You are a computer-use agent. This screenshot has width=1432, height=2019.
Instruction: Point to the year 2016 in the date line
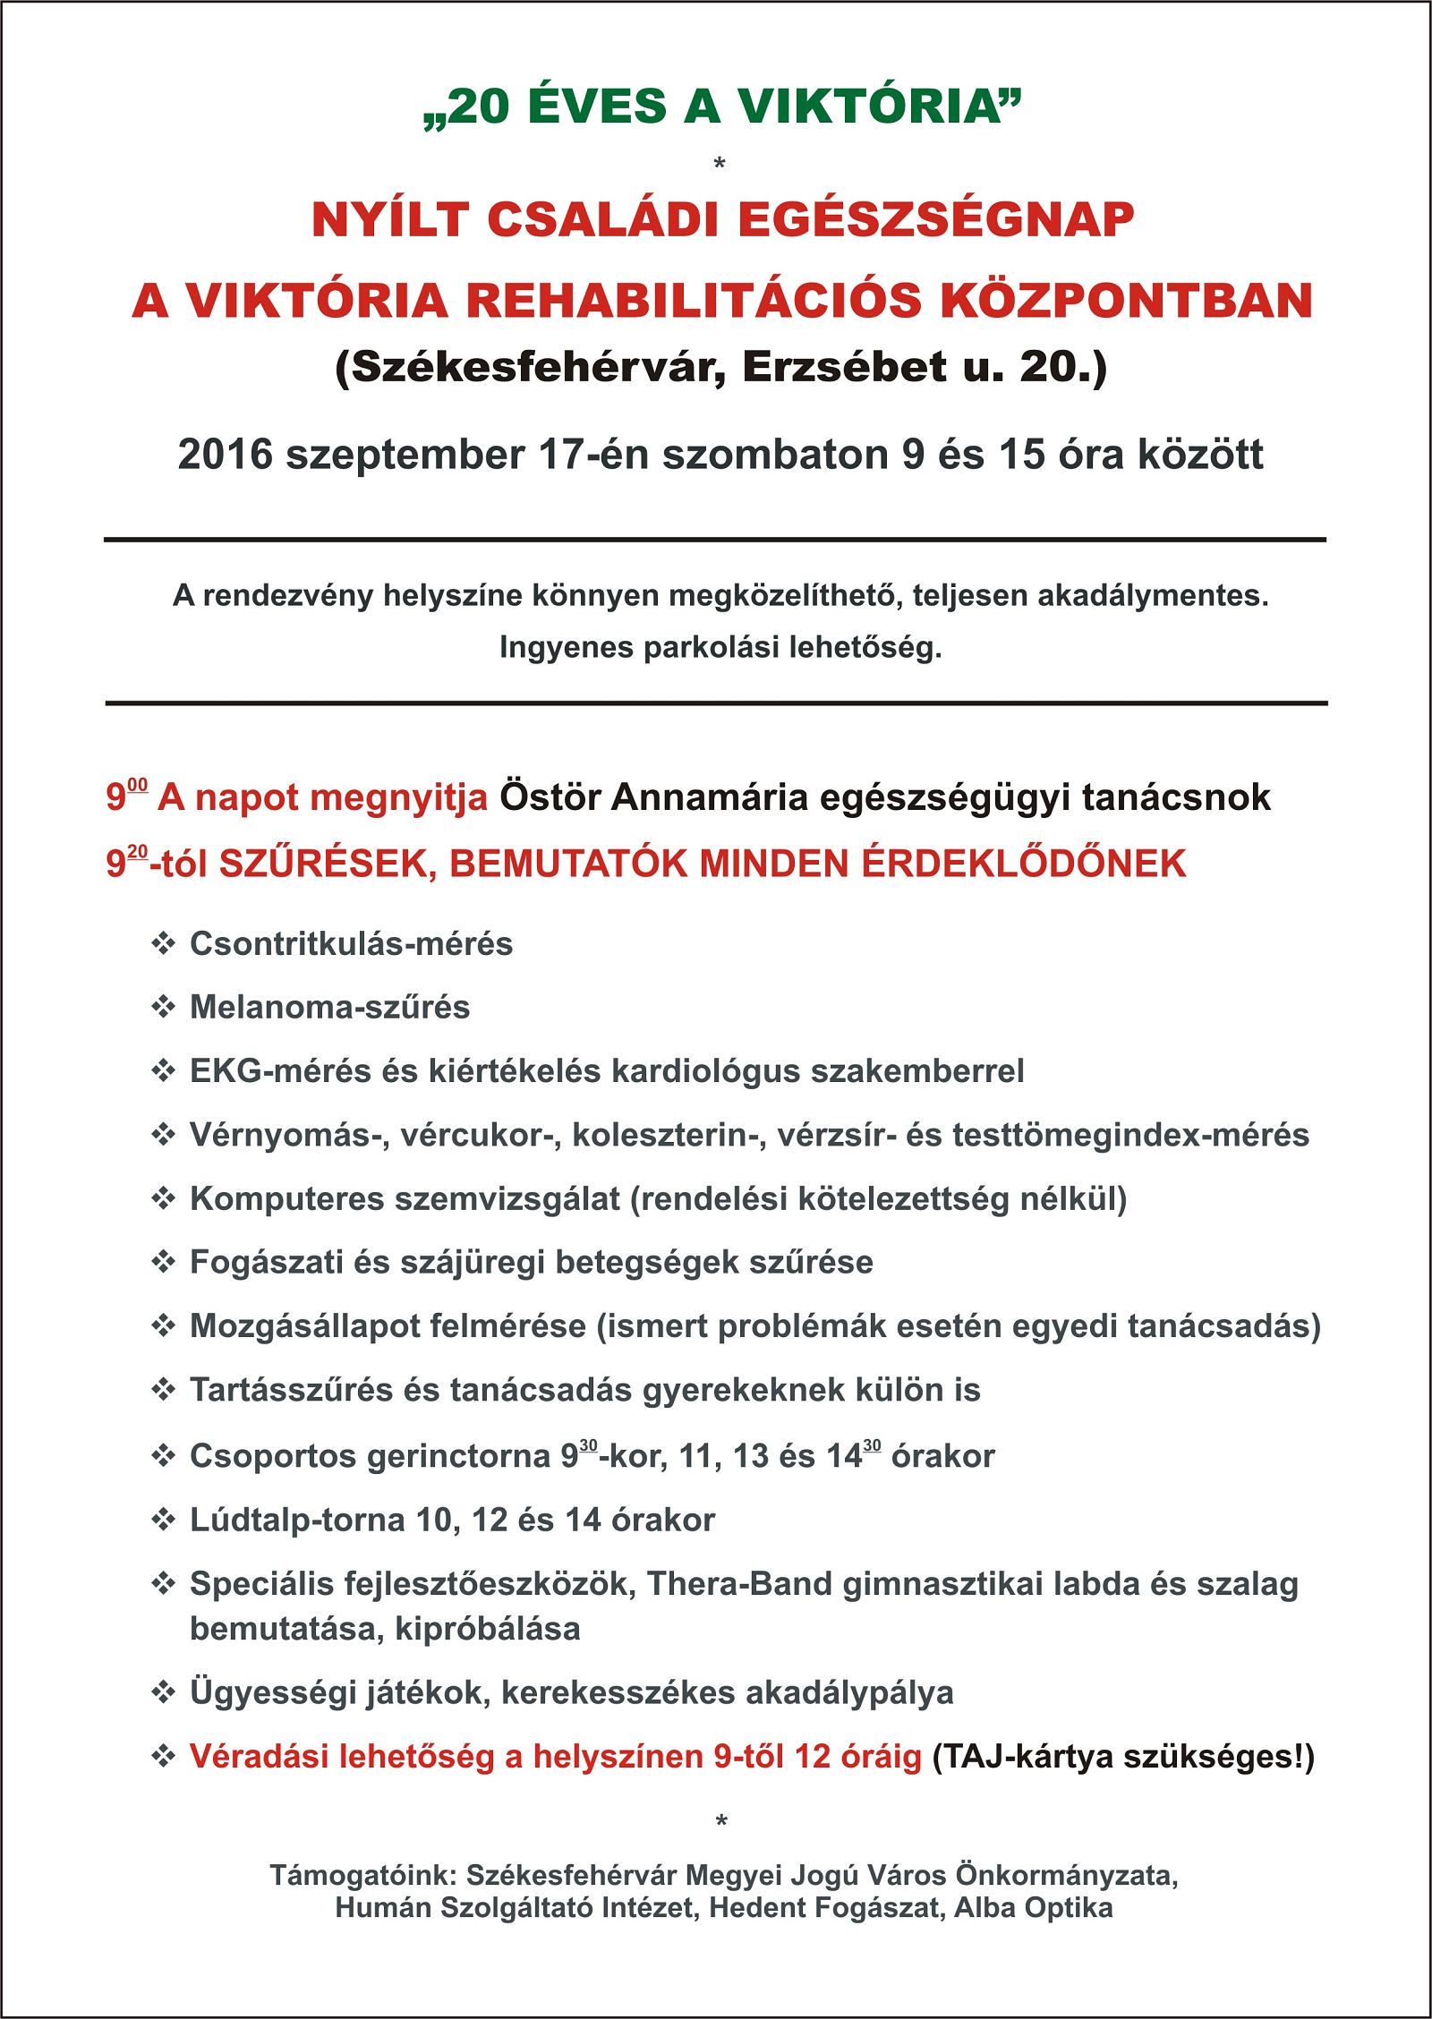[x=225, y=455]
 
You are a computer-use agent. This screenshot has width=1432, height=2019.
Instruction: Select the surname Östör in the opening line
[x=550, y=797]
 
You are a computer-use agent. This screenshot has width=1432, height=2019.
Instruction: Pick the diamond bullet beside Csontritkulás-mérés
[x=163, y=943]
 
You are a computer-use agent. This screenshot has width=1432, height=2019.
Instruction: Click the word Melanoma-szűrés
[x=329, y=1008]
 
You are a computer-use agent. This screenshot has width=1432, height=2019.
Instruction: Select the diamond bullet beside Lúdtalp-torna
[x=163, y=1520]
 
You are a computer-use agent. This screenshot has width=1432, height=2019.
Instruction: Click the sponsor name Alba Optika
[x=1034, y=1908]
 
